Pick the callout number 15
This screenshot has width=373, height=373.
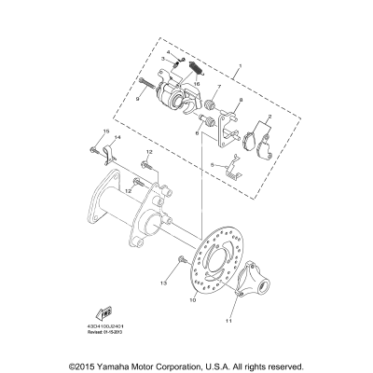pos(92,131)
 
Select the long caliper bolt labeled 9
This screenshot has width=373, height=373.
pos(153,92)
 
